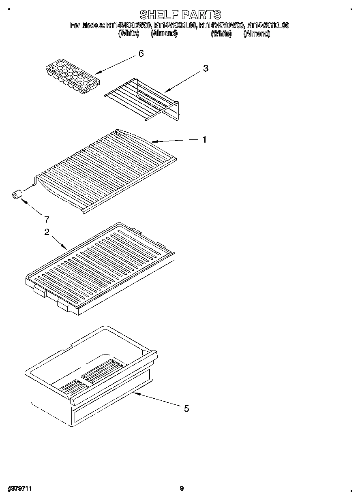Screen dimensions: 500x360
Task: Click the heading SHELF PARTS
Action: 180,15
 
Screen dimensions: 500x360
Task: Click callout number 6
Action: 141,53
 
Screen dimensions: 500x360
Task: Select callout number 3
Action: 206,68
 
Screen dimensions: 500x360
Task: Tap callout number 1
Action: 205,139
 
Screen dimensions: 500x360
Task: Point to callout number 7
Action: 47,220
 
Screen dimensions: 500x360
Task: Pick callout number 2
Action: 47,232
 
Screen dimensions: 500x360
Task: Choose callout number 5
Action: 186,408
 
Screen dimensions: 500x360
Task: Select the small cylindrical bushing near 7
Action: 17,195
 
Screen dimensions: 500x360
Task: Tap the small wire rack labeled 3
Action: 142,99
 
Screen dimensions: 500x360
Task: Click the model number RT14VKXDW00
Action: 129,25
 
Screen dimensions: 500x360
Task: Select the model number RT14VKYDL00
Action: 268,25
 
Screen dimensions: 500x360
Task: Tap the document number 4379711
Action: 19,489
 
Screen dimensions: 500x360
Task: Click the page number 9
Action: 182,489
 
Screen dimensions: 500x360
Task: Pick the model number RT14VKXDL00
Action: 175,25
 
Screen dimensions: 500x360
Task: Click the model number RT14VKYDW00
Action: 222,25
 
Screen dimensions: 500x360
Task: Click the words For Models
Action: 87,25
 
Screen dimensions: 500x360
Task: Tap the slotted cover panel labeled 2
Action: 101,267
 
